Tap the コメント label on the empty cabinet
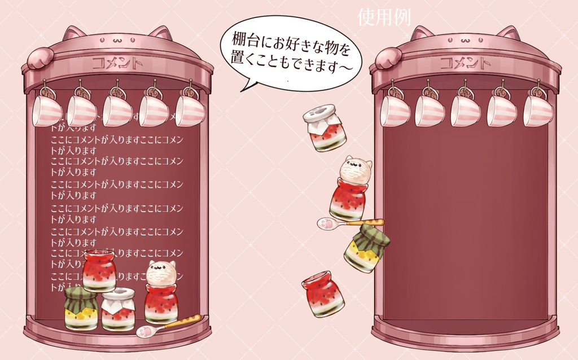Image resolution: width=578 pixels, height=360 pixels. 465,62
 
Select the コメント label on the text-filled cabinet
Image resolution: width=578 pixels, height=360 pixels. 117,62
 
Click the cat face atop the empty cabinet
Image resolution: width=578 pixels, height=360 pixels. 465,41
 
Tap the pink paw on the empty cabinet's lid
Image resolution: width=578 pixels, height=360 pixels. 387,58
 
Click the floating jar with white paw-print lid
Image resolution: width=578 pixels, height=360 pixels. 325,128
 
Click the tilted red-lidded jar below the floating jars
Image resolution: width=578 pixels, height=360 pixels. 322,293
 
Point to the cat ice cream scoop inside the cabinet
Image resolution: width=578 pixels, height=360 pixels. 161,273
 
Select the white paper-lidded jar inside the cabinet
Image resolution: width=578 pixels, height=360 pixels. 118,309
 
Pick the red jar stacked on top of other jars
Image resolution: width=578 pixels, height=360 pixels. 99,271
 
